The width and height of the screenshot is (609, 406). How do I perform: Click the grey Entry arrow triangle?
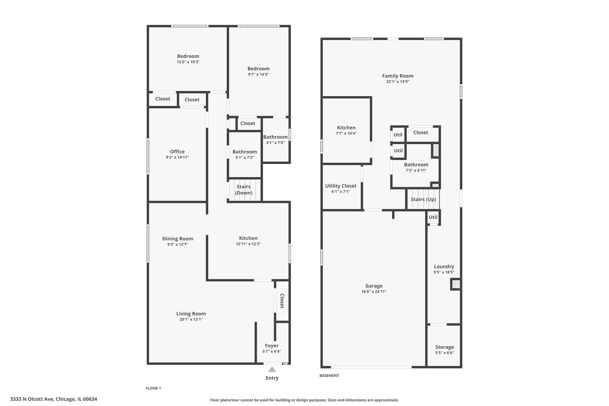tap(272, 369)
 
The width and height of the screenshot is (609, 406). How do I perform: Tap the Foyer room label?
tap(271, 345)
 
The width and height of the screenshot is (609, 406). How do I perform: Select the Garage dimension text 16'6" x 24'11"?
tap(374, 291)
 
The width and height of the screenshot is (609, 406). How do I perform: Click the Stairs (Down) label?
tap(244, 189)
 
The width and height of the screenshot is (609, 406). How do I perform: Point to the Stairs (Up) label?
tap(423, 199)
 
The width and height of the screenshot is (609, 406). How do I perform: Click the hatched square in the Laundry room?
tap(456, 284)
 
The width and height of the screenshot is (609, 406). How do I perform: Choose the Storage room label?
tap(444, 347)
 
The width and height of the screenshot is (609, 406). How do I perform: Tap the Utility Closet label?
tap(341, 186)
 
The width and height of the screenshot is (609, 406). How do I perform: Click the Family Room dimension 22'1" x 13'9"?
tap(398, 82)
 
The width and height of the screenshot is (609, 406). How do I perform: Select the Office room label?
tap(177, 151)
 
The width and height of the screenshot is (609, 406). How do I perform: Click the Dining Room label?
tap(177, 239)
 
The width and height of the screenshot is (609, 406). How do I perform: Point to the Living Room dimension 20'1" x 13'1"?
tap(191, 320)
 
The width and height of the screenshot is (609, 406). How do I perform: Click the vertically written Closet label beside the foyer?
tap(282, 301)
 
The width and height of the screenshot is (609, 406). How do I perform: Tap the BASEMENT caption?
tap(329, 376)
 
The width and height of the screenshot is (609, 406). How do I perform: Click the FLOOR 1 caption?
tap(153, 388)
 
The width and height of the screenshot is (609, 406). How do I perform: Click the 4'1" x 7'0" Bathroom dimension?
tap(275, 143)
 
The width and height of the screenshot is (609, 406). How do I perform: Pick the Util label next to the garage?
tap(433, 217)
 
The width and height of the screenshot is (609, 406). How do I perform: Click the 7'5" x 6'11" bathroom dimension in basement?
tap(416, 171)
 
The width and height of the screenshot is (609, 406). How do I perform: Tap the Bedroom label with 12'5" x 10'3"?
tap(188, 56)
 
